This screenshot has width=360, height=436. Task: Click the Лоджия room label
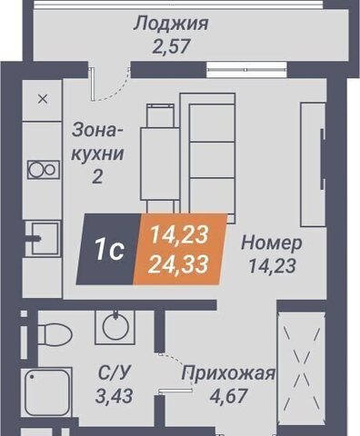pyautogui.click(x=171, y=25)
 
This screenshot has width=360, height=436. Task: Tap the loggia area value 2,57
pyautogui.click(x=171, y=46)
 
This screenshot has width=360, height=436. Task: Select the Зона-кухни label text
pyautogui.click(x=98, y=142)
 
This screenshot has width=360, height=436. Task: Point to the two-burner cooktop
pyautogui.click(x=44, y=169)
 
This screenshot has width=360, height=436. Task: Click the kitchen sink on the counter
pyautogui.click(x=45, y=238)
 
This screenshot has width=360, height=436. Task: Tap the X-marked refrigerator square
pyautogui.click(x=43, y=99)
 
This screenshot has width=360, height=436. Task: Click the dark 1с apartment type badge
pyautogui.click(x=108, y=249)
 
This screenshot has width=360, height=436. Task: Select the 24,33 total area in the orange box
pyautogui.click(x=179, y=263)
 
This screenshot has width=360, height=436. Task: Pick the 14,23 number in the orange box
pyautogui.click(x=179, y=234)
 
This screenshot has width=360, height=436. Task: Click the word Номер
pyautogui.click(x=272, y=243)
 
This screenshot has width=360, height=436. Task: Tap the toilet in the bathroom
pyautogui.click(x=55, y=334)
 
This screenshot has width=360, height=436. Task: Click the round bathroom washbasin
pyautogui.click(x=115, y=327)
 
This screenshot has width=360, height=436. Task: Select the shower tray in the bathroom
pyautogui.click(x=47, y=392)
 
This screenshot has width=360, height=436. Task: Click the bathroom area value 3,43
pyautogui.click(x=114, y=396)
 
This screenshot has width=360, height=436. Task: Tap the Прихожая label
pyautogui.click(x=228, y=373)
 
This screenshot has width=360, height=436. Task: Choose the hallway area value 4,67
pyautogui.click(x=228, y=395)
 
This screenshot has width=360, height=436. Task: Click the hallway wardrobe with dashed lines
pyautogui.click(x=302, y=366)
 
